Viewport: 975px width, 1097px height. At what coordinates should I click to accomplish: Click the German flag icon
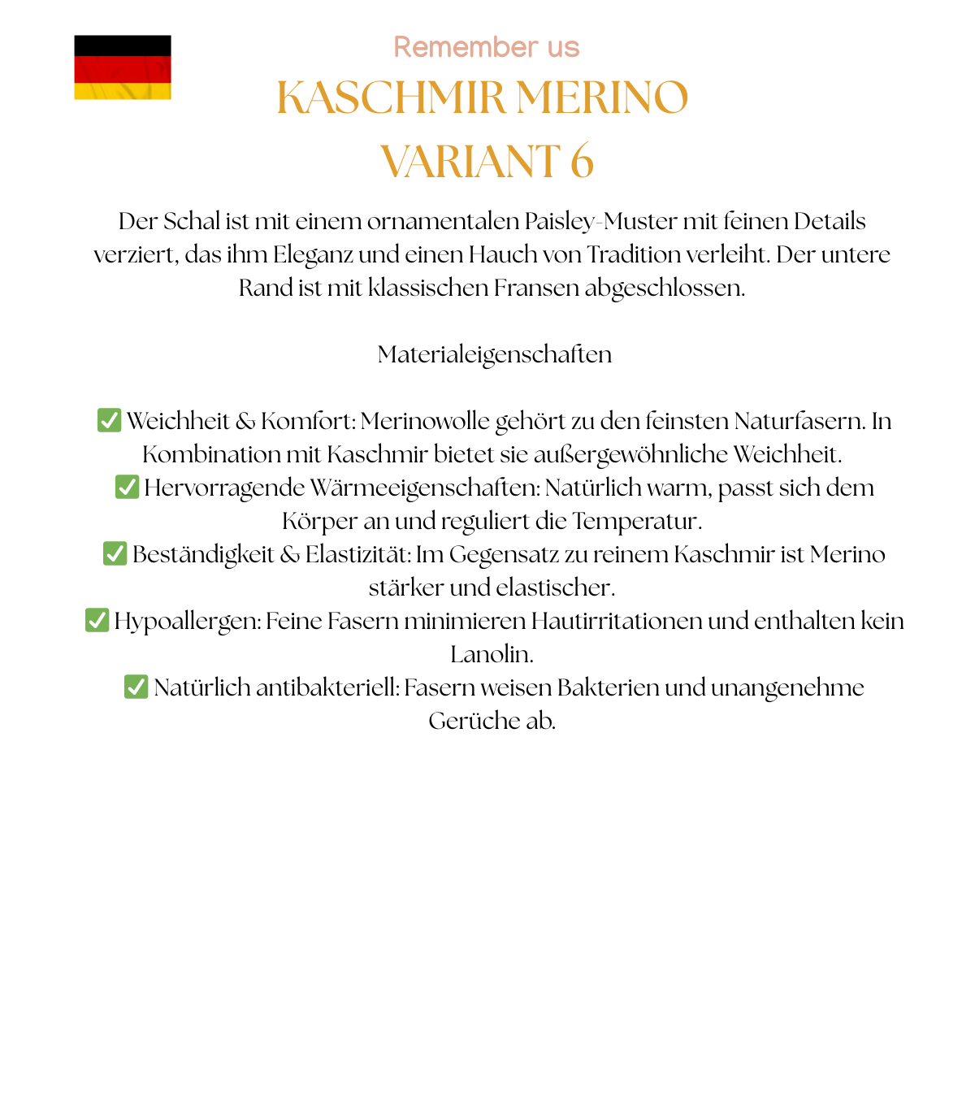(123, 67)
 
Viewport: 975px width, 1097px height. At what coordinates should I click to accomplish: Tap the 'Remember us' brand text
(487, 47)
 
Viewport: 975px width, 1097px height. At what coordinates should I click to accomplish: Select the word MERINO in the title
(602, 98)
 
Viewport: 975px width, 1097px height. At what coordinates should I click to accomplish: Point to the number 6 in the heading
(582, 161)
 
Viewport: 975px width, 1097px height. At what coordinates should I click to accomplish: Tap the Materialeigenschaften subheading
(494, 354)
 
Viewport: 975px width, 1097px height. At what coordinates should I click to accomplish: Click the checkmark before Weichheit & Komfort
(109, 420)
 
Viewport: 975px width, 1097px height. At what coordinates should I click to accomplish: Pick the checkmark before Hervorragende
(127, 487)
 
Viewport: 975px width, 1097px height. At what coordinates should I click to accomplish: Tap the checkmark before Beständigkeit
(115, 553)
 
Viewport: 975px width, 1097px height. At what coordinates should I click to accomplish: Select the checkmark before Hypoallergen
(97, 620)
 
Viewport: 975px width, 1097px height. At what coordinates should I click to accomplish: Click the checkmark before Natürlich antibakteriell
(136, 687)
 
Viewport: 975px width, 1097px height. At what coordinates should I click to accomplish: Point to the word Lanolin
(492, 654)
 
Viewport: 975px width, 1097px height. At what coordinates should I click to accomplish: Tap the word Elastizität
(357, 554)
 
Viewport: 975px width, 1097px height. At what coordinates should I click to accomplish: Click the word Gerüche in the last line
(465, 721)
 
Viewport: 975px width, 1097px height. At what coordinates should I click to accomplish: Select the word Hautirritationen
(617, 621)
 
